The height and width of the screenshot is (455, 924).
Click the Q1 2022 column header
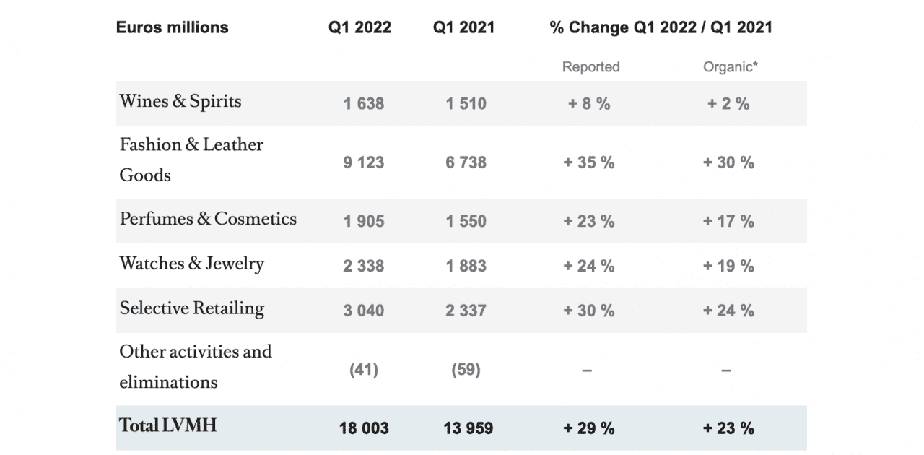click(359, 27)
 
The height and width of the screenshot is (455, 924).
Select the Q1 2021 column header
click(463, 27)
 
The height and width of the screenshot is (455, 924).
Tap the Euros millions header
click(172, 27)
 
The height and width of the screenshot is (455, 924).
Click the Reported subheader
click(590, 67)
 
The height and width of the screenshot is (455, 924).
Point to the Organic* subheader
click(730, 67)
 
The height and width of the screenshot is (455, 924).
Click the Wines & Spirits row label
click(180, 102)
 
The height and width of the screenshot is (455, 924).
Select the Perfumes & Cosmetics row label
click(208, 219)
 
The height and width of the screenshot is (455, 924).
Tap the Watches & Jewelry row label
click(192, 264)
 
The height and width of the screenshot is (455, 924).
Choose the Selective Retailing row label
click(192, 308)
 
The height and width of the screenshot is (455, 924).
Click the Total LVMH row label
click(167, 425)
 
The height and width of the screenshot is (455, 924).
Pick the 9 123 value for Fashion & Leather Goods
click(363, 162)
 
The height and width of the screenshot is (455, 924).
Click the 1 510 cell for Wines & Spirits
click(466, 103)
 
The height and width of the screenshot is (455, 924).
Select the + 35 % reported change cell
click(588, 162)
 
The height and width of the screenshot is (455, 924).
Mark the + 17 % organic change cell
click(728, 221)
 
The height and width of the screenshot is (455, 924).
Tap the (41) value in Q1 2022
click(363, 370)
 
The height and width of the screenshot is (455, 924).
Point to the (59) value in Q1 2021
click(466, 370)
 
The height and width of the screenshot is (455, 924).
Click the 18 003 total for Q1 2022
click(364, 428)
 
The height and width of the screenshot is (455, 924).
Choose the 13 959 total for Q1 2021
click(468, 428)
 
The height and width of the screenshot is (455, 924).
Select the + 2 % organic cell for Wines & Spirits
click(728, 103)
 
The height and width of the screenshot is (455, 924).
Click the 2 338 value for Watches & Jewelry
click(363, 266)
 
